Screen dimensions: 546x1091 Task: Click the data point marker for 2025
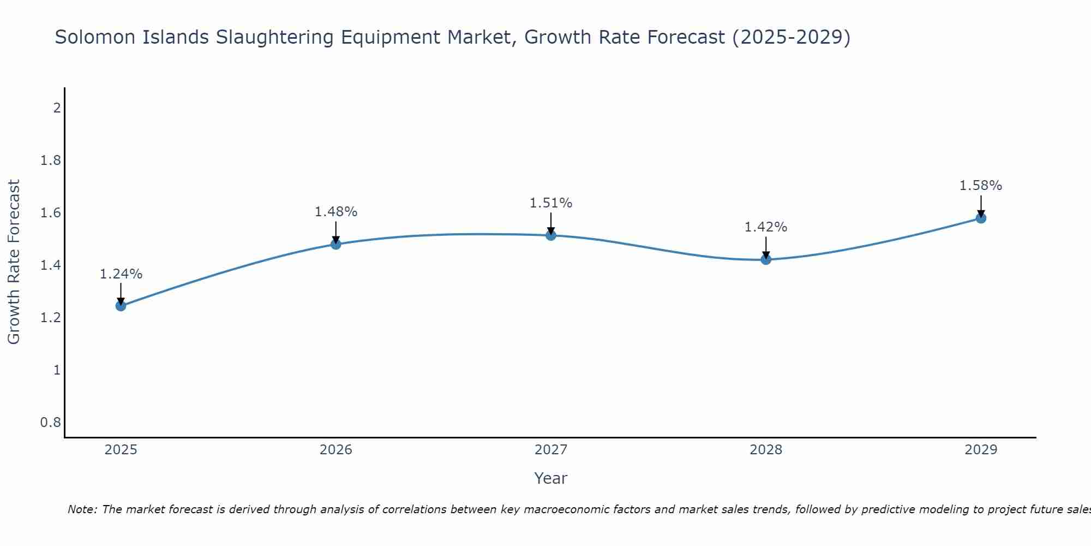121,306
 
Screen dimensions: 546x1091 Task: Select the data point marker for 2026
336,244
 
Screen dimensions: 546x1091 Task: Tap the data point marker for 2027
551,235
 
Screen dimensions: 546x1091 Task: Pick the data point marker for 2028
766,259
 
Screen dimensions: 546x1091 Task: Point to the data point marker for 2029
981,218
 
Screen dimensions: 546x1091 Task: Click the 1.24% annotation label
121,274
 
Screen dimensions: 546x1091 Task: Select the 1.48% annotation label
336,212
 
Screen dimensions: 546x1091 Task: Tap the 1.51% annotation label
551,203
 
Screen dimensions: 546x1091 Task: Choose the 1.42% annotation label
766,227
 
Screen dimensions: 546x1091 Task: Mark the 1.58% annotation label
981,186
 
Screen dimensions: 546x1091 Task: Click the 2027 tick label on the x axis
551,450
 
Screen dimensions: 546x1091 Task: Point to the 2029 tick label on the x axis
981,450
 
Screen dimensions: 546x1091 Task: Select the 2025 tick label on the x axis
121,450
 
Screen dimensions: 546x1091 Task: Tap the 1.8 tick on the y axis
51,161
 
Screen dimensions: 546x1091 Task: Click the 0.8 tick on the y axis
51,423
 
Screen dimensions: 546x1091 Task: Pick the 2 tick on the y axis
57,108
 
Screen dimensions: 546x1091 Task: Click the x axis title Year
551,478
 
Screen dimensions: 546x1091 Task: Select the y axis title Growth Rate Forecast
14,262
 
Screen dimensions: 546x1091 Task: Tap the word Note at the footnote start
82,509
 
